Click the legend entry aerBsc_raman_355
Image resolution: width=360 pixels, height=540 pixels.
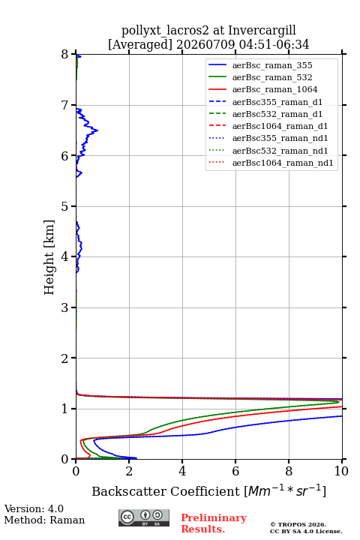[x=272, y=65]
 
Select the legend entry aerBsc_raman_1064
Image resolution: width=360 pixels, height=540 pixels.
[x=274, y=89]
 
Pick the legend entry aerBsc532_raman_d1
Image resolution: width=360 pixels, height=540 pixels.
[x=277, y=114]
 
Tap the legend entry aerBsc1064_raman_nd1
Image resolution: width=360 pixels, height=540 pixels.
[x=283, y=163]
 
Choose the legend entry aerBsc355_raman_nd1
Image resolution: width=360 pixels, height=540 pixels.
[x=280, y=139]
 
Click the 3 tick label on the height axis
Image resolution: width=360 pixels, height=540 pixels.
[x=64, y=307]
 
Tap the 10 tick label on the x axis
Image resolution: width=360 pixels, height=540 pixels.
[x=341, y=471]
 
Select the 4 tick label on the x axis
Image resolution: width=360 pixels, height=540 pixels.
[x=182, y=471]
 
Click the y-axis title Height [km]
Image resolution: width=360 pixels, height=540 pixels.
[x=49, y=257]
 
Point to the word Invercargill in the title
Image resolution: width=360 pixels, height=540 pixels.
[x=262, y=30]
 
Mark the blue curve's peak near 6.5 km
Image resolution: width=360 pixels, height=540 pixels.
[x=97, y=130]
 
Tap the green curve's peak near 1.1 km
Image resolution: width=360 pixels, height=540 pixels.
[x=339, y=402]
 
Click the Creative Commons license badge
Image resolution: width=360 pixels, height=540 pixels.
[x=144, y=517]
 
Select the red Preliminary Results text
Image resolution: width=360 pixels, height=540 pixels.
[x=214, y=523]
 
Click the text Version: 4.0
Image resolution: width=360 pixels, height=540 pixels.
[x=34, y=508]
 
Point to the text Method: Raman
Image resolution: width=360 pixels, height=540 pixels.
[x=44, y=520]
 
